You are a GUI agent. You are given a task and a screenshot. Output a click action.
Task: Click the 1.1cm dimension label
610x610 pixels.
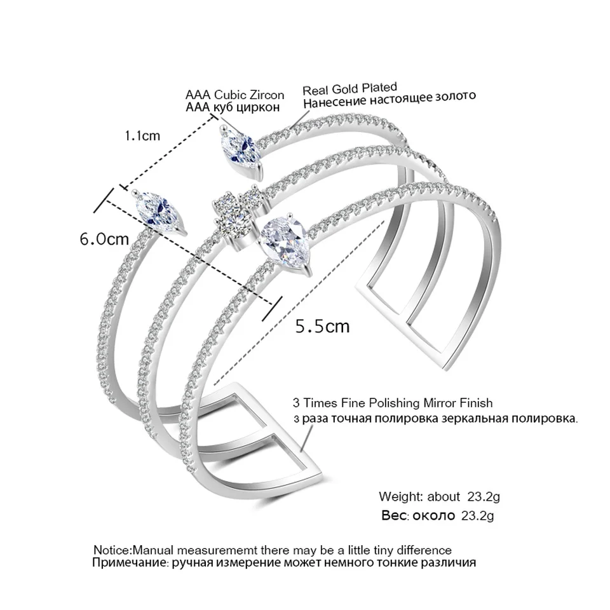(142, 135)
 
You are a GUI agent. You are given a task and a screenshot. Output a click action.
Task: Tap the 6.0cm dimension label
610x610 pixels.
(104, 240)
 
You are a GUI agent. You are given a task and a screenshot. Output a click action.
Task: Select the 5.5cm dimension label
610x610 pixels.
(323, 326)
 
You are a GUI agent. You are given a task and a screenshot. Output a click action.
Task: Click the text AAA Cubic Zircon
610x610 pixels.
(234, 95)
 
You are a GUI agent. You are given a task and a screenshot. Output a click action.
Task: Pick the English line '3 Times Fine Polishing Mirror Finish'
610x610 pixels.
(392, 403)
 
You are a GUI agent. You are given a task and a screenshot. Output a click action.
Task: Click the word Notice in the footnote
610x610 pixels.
(111, 550)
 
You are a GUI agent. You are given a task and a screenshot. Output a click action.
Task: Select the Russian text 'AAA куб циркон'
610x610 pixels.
(232, 107)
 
